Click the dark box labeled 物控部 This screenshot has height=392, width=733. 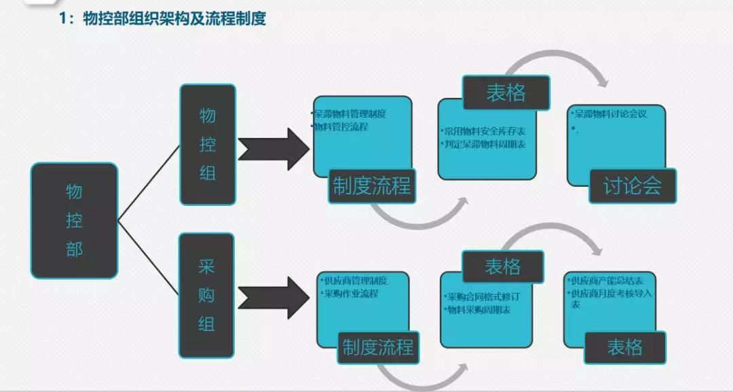[74, 220]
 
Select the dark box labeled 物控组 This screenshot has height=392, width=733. [207, 144]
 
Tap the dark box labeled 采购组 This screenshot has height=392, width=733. [206, 295]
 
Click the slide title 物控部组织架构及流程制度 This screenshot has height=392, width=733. [173, 18]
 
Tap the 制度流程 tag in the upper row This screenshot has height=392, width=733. [372, 185]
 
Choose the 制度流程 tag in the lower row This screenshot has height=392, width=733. [378, 348]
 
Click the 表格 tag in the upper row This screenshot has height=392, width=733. [506, 92]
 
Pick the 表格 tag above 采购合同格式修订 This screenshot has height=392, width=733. [503, 266]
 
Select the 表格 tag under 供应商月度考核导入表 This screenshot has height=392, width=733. [624, 347]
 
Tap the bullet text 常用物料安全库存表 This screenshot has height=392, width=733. [481, 132]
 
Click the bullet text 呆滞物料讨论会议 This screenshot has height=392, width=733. [609, 114]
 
